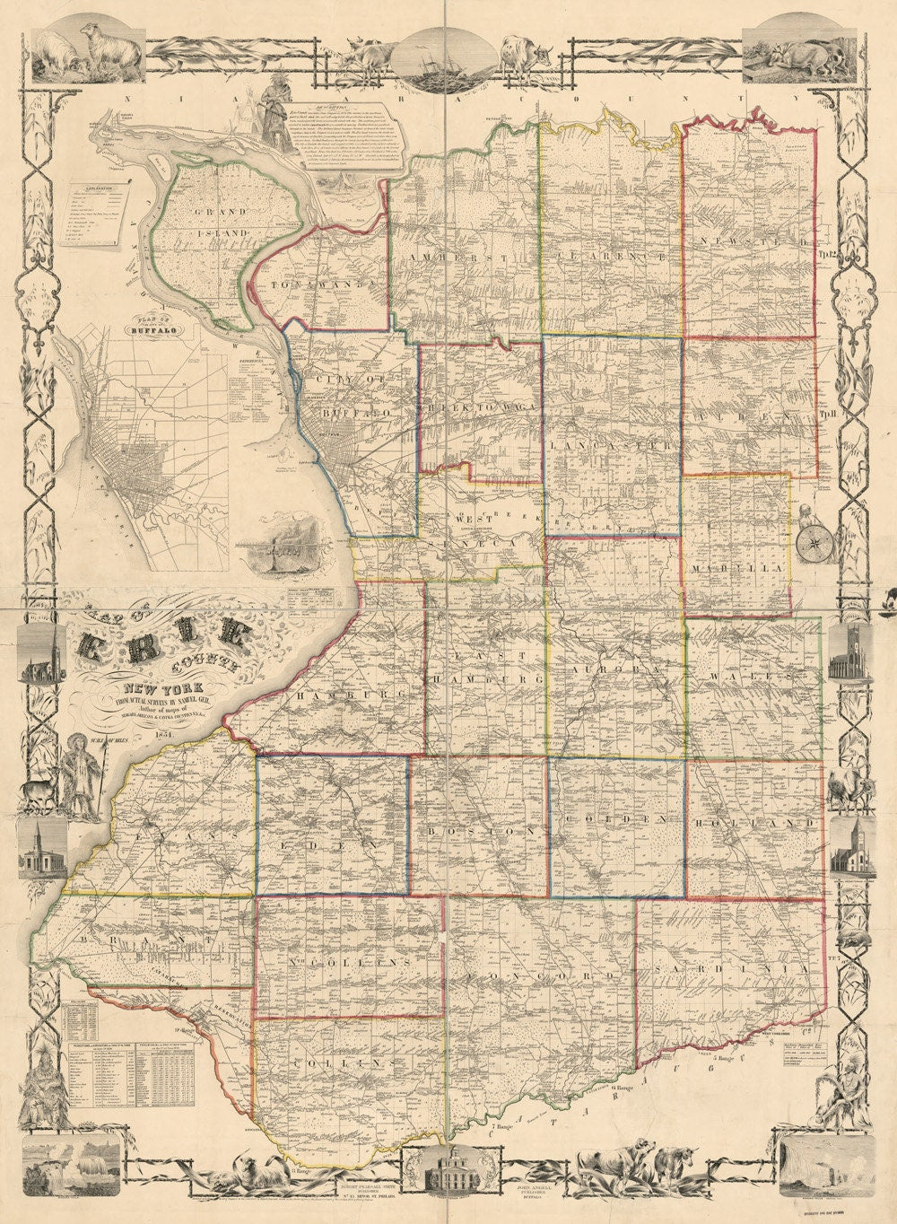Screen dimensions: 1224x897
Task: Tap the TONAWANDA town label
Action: (320, 284)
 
